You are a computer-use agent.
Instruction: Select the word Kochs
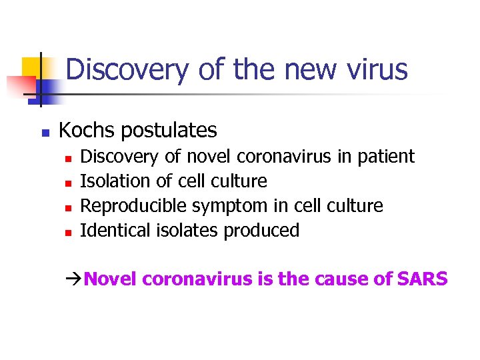(x=84, y=130)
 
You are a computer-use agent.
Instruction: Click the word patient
(x=386, y=157)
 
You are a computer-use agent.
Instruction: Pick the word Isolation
(x=107, y=181)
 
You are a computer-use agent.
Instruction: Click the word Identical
(x=107, y=231)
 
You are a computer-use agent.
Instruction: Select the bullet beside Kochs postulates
(x=45, y=133)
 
